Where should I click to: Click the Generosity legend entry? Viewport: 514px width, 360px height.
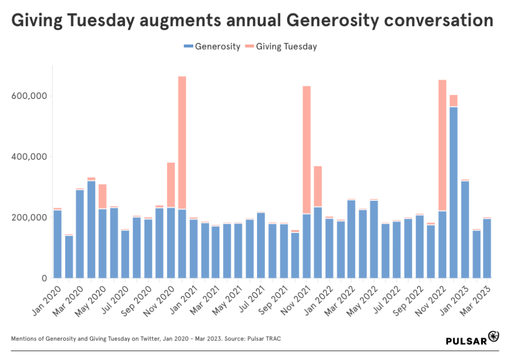coord(212,47)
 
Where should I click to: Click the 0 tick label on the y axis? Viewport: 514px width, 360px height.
coord(44,278)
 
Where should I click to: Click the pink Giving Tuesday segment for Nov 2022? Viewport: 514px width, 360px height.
coord(443,146)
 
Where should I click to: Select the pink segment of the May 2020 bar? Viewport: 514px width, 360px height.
coord(102,196)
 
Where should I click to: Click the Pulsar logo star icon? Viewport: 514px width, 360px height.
coord(494,335)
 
